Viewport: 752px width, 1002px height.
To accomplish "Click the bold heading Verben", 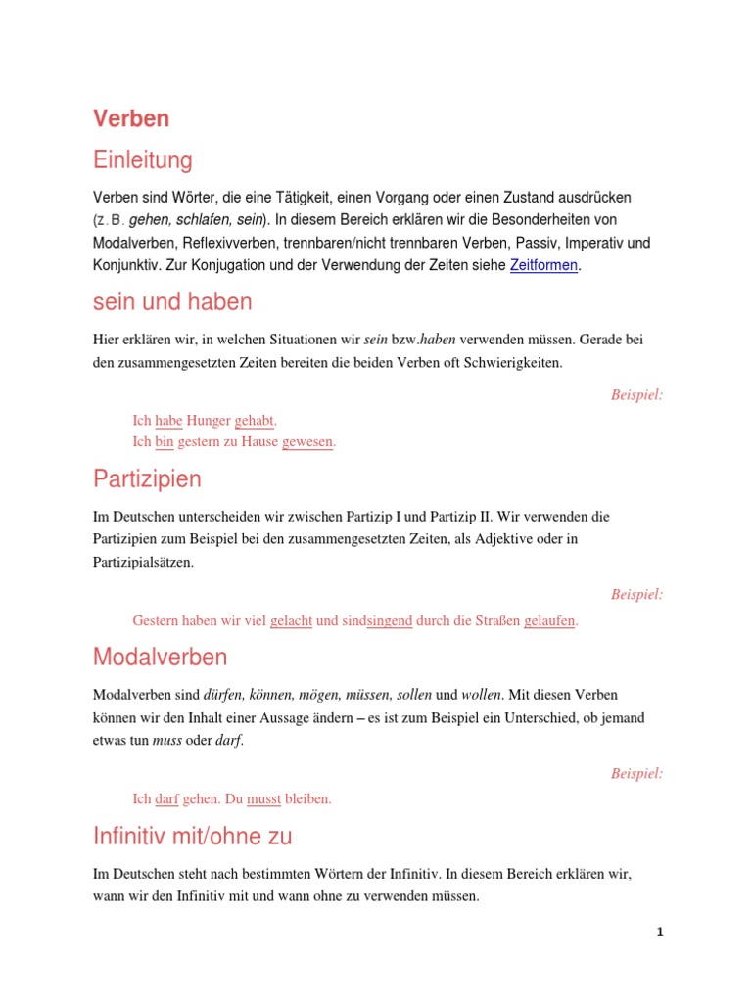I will [131, 118].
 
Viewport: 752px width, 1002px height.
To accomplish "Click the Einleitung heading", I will [143, 159].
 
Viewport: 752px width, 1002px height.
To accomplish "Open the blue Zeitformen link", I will [544, 265].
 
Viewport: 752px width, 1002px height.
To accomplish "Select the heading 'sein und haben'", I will [172, 302].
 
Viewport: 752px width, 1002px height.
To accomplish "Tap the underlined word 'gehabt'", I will [255, 421].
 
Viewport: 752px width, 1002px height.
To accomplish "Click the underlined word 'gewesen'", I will [307, 442].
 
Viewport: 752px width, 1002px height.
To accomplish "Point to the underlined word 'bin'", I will [164, 442].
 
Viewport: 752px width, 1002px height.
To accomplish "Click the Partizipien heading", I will [148, 478].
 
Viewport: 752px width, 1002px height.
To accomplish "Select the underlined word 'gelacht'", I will [291, 621].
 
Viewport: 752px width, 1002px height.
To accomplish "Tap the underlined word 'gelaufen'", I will [549, 621].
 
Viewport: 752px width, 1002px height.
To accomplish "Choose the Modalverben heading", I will [161, 657].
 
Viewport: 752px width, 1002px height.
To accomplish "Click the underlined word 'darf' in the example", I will [166, 798].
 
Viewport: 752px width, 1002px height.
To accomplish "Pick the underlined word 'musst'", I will [263, 798].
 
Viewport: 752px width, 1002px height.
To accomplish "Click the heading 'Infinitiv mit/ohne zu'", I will [193, 836].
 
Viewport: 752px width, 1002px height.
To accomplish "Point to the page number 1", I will [660, 933].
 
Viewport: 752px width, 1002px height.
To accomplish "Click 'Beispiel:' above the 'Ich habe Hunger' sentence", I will [636, 395].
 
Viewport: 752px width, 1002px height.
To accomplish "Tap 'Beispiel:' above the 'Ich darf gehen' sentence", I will [636, 773].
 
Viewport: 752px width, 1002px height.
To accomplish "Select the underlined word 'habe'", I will [169, 421].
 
